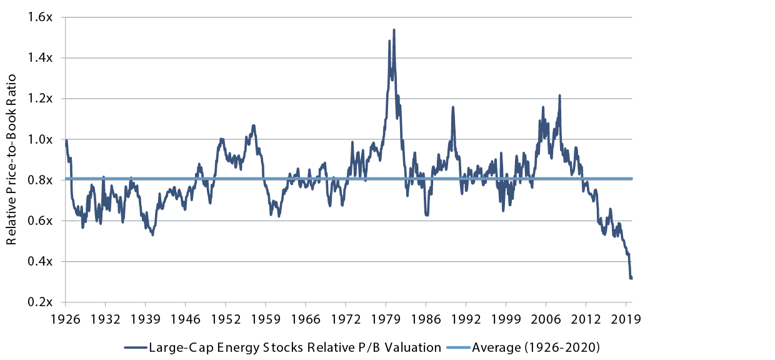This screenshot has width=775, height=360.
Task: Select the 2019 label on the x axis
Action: [x=627, y=318]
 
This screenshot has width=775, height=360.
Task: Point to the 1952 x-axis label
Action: [x=226, y=318]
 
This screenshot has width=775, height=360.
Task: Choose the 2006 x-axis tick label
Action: [x=546, y=318]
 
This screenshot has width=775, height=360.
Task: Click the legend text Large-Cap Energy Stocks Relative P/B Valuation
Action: [x=294, y=347]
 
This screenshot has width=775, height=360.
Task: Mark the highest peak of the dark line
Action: [x=394, y=29]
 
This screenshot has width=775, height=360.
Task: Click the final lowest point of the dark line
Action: [x=631, y=278]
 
